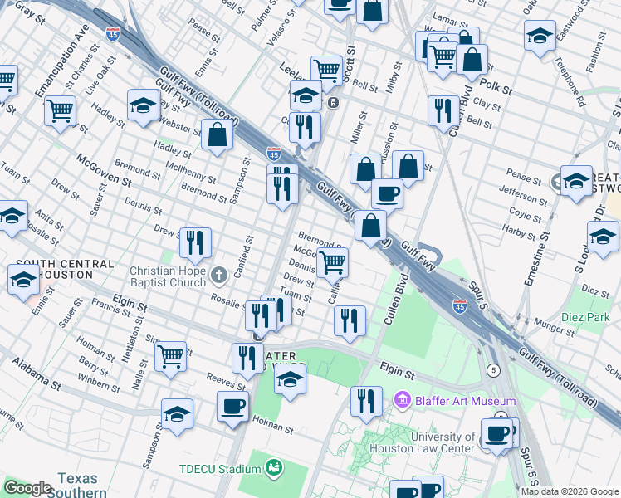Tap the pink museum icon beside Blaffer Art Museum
coord(403,402)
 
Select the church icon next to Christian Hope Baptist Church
coord(218,275)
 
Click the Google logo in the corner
coord(28,488)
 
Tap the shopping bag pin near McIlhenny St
coord(217,135)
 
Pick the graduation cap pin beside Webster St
coord(144,105)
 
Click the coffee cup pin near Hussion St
coord(386,193)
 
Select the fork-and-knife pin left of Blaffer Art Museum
coord(366,401)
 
